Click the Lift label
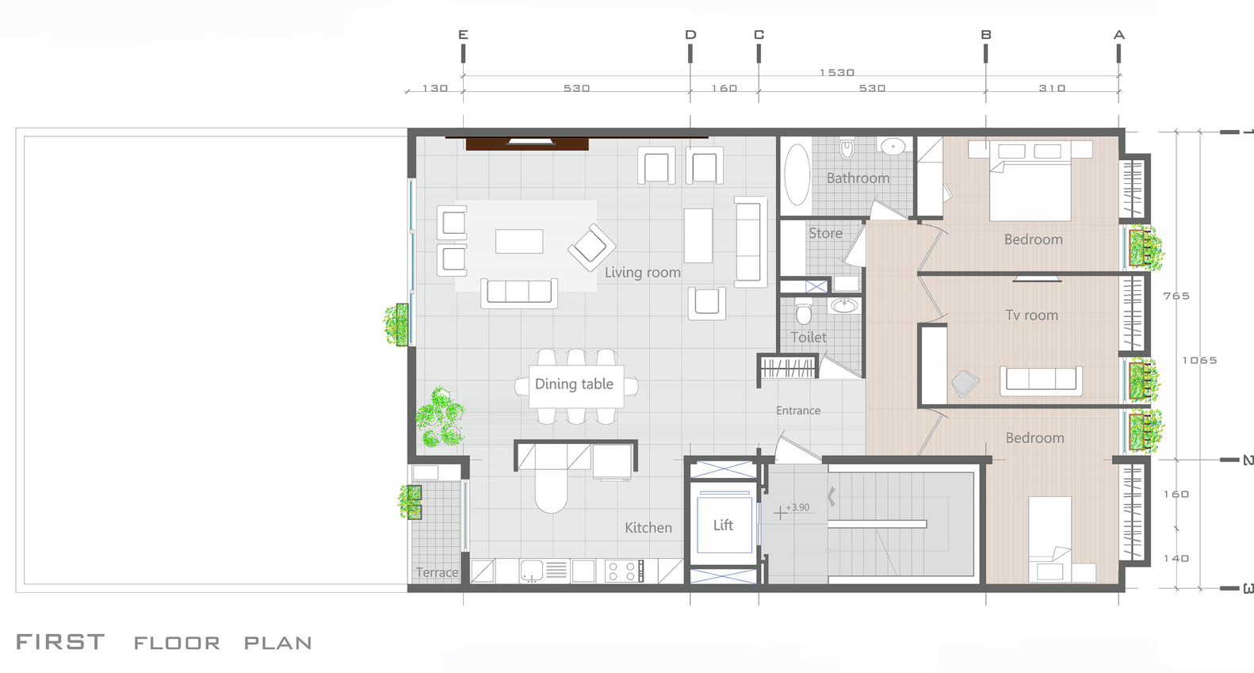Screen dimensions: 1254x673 pos(723,526)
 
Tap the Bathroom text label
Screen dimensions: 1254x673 pos(858,178)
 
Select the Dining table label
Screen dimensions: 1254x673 pos(574,384)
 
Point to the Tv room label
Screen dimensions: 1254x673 pos(1032,315)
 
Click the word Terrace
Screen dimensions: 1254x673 pos(437,573)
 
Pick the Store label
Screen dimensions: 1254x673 pos(825,233)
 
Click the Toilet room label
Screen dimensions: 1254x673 pos(809,337)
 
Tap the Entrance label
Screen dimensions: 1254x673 pos(798,411)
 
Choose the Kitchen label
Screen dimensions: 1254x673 pos(648,527)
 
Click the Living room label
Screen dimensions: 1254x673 pos(643,273)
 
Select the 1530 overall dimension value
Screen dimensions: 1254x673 pos(837,73)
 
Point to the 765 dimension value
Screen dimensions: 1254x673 pos(1176,296)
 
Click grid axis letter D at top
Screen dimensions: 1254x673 pos(690,35)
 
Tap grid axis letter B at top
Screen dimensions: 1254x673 pos(986,35)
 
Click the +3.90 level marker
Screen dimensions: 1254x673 pos(797,507)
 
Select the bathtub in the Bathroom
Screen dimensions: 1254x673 pos(797,174)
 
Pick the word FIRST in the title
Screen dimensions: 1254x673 pos(60,642)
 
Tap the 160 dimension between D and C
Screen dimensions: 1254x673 pos(724,89)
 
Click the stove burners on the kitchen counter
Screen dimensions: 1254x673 pos(623,571)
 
